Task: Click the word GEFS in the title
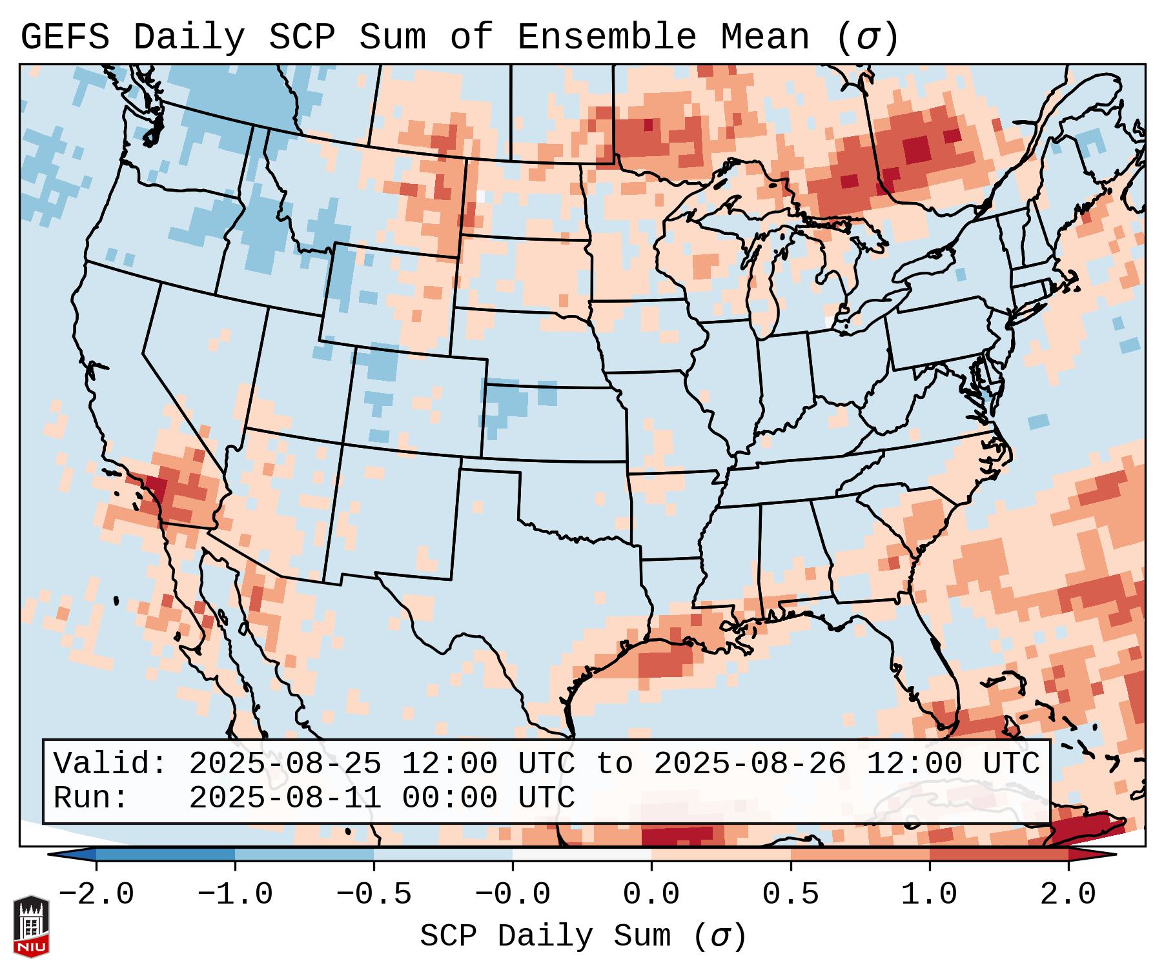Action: click(65, 37)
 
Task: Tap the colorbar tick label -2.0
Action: click(96, 895)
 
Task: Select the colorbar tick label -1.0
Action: click(235, 895)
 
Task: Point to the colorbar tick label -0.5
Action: click(374, 895)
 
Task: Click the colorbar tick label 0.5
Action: click(790, 895)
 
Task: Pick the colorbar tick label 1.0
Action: click(929, 895)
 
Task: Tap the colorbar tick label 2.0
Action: click(1068, 895)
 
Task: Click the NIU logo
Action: click(31, 926)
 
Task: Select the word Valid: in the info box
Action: click(110, 764)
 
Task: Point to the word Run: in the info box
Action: click(91, 798)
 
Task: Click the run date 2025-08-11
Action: click(285, 798)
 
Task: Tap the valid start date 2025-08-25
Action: click(285, 764)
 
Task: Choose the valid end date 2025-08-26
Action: click(750, 764)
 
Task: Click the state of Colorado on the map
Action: click(420, 403)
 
